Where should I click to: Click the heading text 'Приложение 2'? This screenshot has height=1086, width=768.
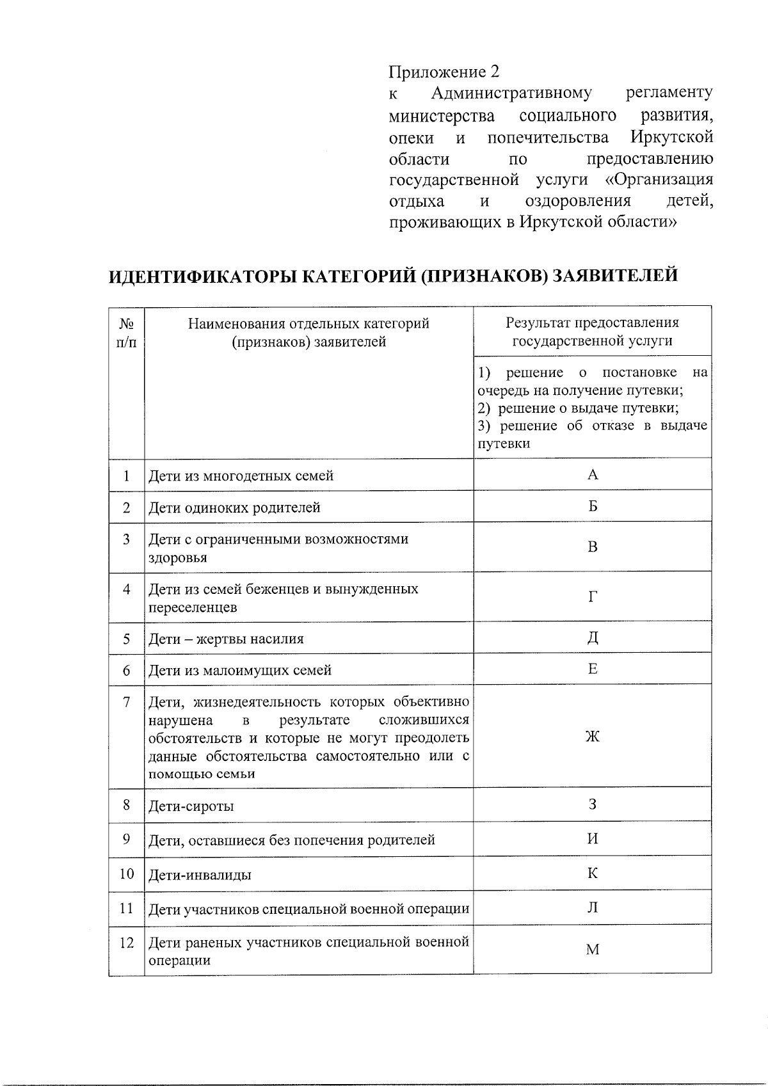coord(444,71)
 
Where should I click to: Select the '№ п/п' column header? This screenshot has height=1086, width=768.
coord(126,333)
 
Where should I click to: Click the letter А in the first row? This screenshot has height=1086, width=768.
coord(593,474)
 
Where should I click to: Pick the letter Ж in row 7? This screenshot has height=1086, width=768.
coord(593,737)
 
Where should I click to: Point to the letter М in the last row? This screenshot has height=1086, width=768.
coord(593,950)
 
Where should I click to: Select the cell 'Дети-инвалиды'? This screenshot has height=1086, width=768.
coord(200,875)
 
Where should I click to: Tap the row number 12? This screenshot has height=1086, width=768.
coord(126,943)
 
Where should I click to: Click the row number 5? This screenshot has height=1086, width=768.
coord(126,639)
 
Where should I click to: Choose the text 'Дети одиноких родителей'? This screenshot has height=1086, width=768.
coord(234,508)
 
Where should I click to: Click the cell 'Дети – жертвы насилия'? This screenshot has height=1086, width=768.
coord(226,639)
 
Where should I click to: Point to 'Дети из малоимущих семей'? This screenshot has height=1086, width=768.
coord(240,671)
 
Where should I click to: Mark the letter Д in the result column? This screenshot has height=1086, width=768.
coord(593,637)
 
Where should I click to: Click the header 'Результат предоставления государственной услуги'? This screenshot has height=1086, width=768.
coord(592,331)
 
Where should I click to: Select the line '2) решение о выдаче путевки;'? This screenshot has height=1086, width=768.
coord(579,408)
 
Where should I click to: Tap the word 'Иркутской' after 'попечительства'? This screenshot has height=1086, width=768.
coord(671,138)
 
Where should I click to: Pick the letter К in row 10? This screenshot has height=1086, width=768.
coord(593,874)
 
